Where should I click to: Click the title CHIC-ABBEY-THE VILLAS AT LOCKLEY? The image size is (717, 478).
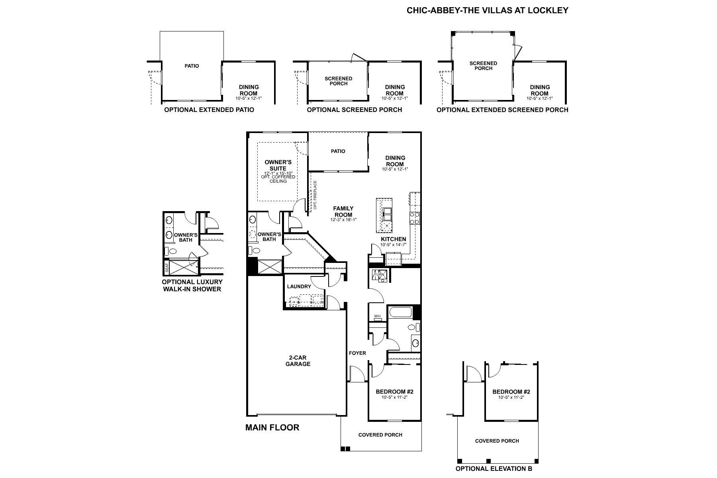487,11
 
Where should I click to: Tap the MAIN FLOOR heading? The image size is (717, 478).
272,428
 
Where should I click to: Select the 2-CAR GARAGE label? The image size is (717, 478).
298,361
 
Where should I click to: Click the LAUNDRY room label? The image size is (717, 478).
299,286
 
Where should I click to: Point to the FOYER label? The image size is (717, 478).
357,353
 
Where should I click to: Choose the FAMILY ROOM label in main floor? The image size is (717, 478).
343,212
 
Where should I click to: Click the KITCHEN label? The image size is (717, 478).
393,239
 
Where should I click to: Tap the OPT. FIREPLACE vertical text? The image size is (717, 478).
315,195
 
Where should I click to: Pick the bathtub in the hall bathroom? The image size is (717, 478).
400,312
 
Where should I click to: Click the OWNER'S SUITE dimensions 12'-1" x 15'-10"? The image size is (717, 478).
278,173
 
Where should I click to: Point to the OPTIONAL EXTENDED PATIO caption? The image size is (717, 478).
209,110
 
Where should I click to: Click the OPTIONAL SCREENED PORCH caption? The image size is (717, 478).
355,110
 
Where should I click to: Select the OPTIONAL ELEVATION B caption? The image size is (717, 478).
494,469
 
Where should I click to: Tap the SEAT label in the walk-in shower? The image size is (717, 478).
167,268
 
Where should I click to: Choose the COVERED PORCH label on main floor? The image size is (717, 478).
380,435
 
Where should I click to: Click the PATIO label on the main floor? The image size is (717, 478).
338,151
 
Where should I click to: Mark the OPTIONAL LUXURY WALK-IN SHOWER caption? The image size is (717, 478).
192,285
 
